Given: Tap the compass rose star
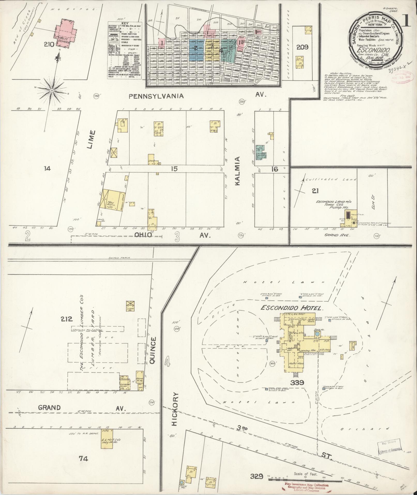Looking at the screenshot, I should point(52,90).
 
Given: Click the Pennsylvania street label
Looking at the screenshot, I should point(156,96).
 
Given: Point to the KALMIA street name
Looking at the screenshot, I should point(238,171).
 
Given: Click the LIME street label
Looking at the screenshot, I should point(91,140).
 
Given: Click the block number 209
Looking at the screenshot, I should point(302,47).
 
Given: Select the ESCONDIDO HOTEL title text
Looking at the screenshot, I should point(292,308).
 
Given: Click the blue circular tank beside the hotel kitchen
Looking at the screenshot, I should point(317,334).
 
